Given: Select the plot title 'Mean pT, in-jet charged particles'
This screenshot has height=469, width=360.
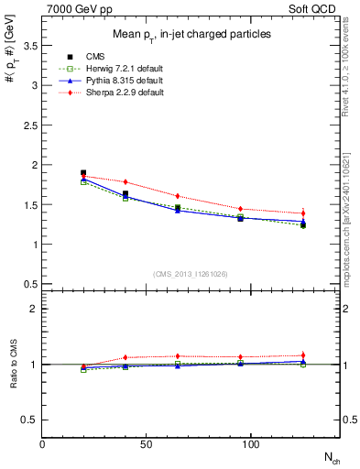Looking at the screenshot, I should (x=191, y=35).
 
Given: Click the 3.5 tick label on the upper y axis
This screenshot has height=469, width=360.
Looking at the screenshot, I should (x=30, y=45).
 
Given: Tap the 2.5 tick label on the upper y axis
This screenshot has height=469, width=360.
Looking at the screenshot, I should (x=30, y=125).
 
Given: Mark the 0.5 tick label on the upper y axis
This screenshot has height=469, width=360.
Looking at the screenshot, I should (x=30, y=284).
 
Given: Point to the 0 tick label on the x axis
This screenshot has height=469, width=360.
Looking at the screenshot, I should (x=42, y=444).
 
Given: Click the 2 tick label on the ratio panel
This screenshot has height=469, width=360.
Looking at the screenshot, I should (x=34, y=309).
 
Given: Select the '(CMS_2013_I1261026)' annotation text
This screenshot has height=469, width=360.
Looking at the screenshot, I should (x=191, y=274).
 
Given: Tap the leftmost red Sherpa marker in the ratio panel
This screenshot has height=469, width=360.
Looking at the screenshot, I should (x=83, y=365).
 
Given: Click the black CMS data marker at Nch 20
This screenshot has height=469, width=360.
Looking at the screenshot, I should (x=83, y=172).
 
